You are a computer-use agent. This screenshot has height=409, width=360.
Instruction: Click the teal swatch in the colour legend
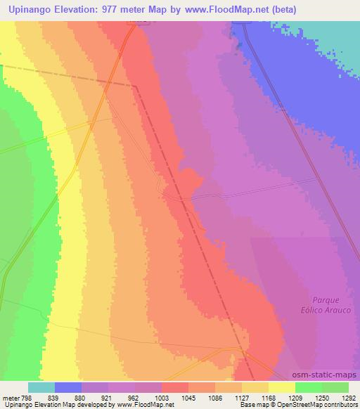coord(41,387)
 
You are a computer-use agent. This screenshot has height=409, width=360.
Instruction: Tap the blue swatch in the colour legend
coord(68,387)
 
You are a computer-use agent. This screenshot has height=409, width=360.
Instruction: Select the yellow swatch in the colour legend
coord(282,387)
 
